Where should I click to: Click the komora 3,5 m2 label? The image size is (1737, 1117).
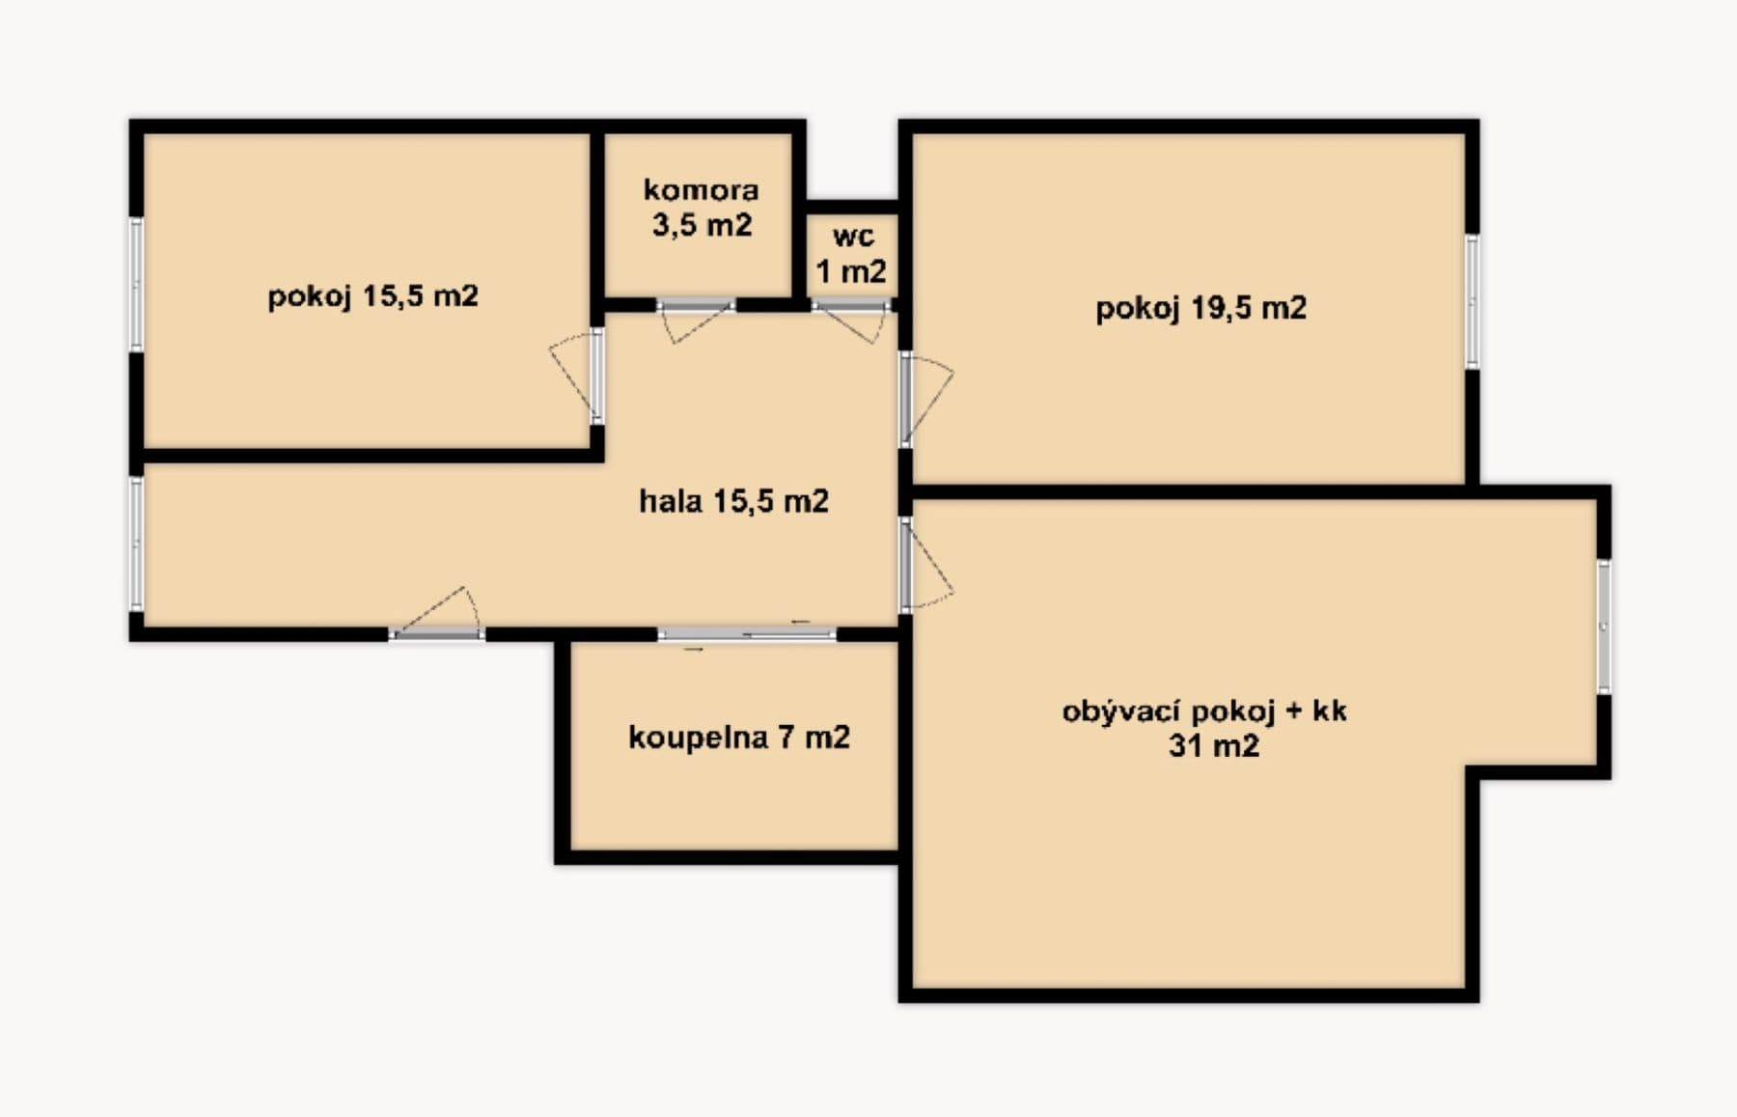point(702,207)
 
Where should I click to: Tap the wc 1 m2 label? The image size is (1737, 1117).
point(852,254)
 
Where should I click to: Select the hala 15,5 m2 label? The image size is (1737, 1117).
point(733,501)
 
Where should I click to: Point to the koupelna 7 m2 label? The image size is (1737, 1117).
point(738,738)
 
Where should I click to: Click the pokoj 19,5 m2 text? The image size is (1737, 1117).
point(1200,309)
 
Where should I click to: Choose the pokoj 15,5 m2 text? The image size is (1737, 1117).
point(372,295)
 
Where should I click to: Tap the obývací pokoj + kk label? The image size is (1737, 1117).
point(1204,712)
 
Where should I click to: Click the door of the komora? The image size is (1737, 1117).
point(696,307)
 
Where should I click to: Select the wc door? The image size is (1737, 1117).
point(850,307)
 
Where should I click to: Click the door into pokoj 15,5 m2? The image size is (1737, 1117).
point(596,376)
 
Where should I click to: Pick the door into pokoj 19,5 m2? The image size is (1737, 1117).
point(906,399)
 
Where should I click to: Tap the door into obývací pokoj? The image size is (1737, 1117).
point(906,564)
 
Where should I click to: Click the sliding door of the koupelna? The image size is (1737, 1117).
point(747,634)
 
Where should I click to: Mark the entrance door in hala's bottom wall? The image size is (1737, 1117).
point(437,634)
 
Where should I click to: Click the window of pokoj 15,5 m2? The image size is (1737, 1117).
point(136,284)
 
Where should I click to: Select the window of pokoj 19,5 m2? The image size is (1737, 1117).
point(1472,302)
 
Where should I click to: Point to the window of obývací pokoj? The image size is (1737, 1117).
point(1603,627)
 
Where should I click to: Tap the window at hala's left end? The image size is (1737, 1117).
point(136,544)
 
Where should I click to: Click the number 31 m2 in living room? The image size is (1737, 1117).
point(1213,746)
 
